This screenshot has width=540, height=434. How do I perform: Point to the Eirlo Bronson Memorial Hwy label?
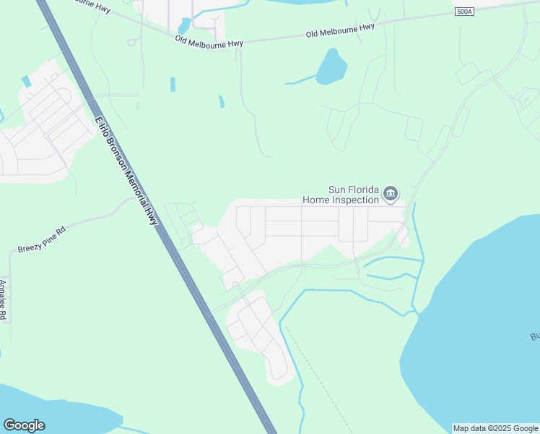coord(126,171)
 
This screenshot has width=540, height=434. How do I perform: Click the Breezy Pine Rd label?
coord(42,239)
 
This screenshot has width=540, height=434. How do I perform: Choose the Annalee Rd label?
coord(4,300)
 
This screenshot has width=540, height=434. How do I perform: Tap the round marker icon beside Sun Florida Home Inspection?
coord(391,193)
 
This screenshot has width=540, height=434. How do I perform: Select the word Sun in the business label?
coord(338,190)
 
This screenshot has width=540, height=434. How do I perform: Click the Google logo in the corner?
coord(24,425)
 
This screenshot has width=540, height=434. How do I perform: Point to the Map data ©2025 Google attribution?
coord(495,428)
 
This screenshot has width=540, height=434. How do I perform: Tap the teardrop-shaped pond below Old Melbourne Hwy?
coord(331,67)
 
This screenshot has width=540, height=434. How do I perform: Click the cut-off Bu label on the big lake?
coord(534,337)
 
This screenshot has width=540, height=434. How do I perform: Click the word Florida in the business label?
coord(365,190)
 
